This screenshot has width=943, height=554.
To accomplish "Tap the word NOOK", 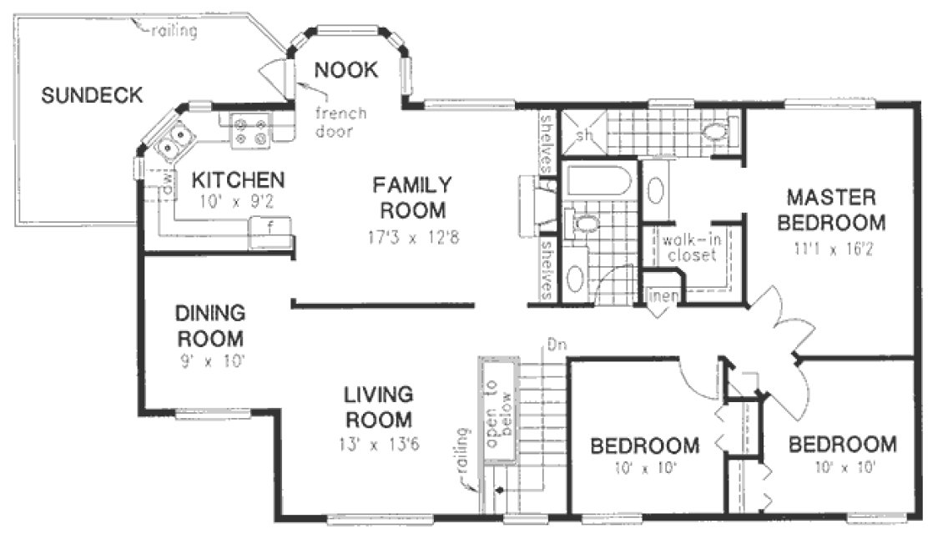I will click(x=346, y=70).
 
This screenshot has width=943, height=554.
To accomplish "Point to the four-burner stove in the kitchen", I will click(x=250, y=130).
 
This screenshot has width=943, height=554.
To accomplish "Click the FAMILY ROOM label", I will click(x=411, y=196).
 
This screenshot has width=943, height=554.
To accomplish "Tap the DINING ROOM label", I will click(x=209, y=326).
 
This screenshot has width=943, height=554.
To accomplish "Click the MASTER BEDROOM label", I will click(x=835, y=210).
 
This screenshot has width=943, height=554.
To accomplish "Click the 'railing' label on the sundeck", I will click(x=174, y=33).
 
